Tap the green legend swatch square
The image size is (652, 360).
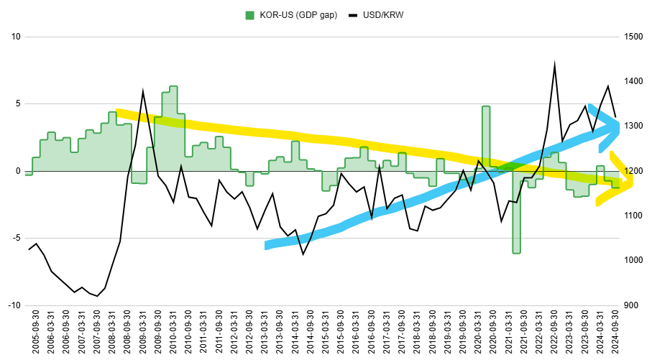tap(250, 15)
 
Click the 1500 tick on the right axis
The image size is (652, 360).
tap(634, 37)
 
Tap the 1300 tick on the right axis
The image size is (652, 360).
tap(634, 126)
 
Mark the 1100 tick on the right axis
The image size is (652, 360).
tap(634, 216)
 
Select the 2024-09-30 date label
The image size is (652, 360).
tap(615, 333)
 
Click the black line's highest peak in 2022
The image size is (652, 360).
tap(554, 64)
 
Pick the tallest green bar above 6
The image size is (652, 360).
tap(173, 129)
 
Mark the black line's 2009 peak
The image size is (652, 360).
tap(143, 91)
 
